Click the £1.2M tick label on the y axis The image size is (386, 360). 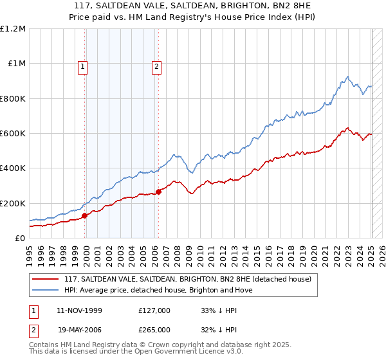(13, 29)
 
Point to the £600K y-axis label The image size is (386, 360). (13, 134)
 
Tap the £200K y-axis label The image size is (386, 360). (13, 203)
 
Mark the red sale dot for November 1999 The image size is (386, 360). (84, 216)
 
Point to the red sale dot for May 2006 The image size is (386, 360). (158, 192)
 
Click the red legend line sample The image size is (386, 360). (45, 280)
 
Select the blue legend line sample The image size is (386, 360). (45, 290)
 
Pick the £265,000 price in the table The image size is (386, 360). (154, 329)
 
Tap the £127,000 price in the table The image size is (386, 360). (154, 310)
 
